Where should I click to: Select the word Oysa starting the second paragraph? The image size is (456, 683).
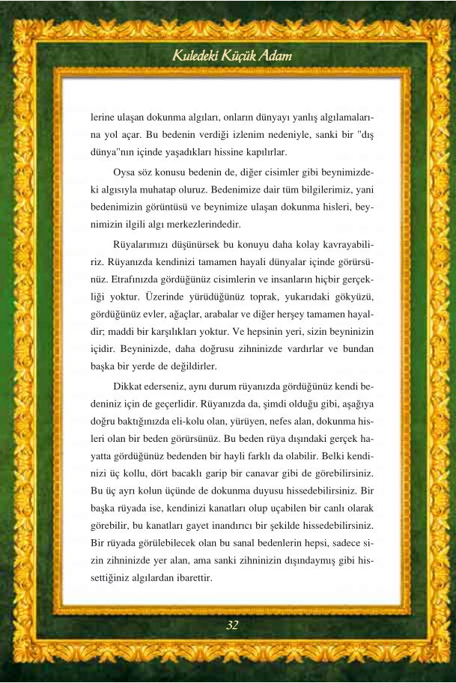click(x=126, y=172)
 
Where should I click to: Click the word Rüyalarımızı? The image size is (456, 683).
click(x=142, y=243)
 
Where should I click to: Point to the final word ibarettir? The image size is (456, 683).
click(x=189, y=579)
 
